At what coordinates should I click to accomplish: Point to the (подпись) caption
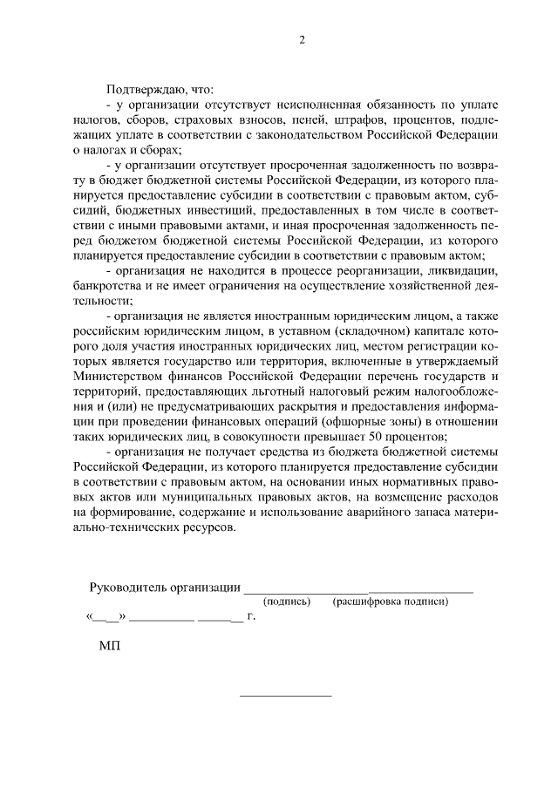287,602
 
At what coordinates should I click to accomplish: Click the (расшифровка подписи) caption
390,602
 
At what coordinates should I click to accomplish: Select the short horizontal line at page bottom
285,696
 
